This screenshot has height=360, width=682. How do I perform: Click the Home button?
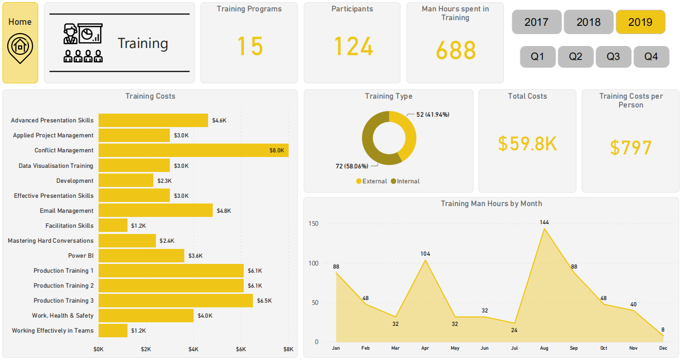[20, 42]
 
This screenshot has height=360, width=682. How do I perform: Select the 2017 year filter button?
[537, 22]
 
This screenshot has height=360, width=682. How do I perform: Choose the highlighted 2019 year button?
[640, 22]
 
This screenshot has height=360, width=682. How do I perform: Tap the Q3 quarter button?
[613, 57]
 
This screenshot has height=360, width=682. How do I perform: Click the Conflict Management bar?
[193, 150]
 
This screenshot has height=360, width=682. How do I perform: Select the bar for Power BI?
[141, 256]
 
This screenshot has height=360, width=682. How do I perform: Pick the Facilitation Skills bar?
[113, 226]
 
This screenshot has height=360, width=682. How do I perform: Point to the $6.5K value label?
[264, 301]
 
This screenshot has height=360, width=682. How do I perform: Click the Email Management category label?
[67, 211]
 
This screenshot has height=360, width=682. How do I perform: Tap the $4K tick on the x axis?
[193, 349]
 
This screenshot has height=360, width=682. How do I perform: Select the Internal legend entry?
[405, 181]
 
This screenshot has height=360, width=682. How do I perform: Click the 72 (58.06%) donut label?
[352, 166]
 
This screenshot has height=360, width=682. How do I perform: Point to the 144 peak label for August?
[544, 222]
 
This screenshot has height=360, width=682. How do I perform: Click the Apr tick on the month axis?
[425, 349]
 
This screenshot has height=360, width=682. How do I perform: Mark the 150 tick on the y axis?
[313, 224]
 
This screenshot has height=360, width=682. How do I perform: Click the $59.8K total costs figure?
[527, 144]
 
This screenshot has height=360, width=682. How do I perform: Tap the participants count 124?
[353, 46]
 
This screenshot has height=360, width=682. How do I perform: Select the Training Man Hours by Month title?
[491, 204]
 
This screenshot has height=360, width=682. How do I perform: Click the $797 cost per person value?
[630, 148]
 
